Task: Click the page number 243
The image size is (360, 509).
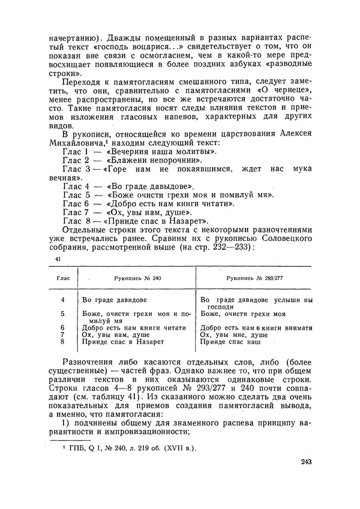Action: pos(305,461)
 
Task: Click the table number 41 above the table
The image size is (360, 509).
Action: pos(58,258)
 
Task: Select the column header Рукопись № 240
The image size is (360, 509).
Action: pos(137,279)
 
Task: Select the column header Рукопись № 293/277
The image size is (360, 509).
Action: pos(254,279)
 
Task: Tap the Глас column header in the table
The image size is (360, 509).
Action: pos(62,279)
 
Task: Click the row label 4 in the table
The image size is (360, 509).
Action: pos(62,299)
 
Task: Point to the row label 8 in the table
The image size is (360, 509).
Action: pos(62,341)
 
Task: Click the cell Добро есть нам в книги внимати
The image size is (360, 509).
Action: pos(256,327)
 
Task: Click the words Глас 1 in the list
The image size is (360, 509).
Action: pos(76,153)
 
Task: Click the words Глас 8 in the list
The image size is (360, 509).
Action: pos(76,220)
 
